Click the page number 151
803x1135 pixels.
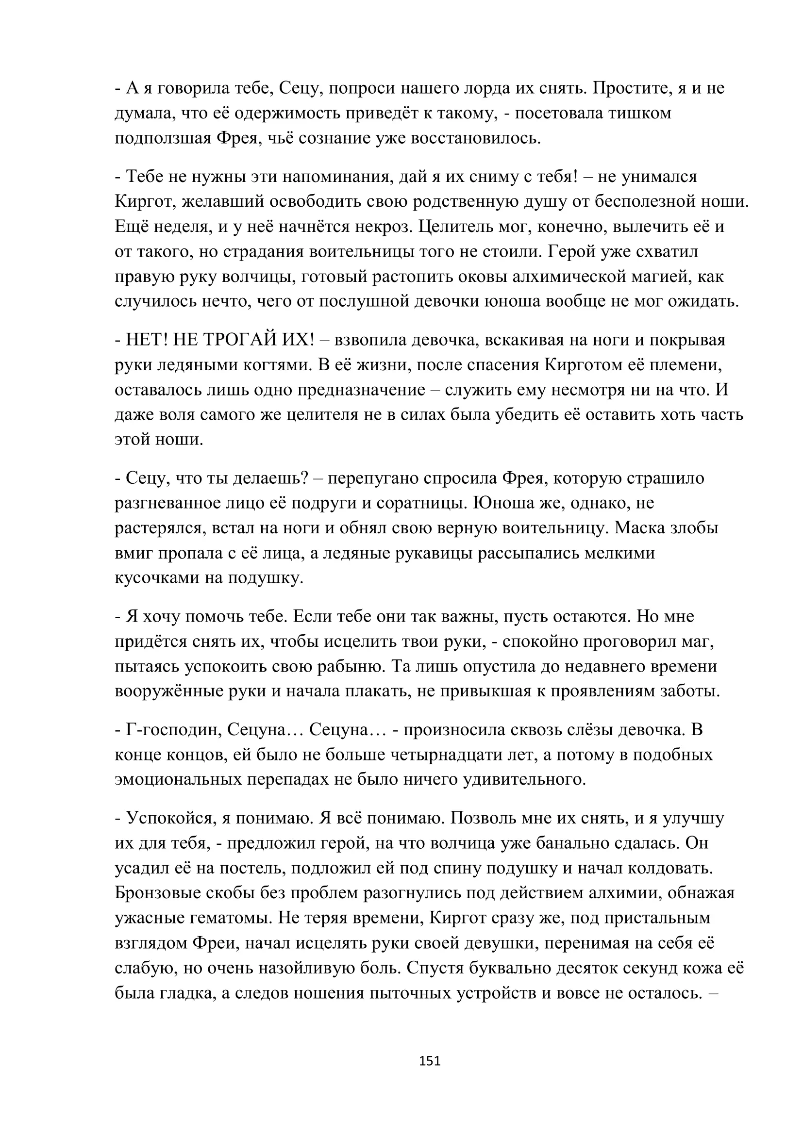pyautogui.click(x=430, y=1060)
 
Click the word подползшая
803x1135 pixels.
pyautogui.click(x=163, y=138)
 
